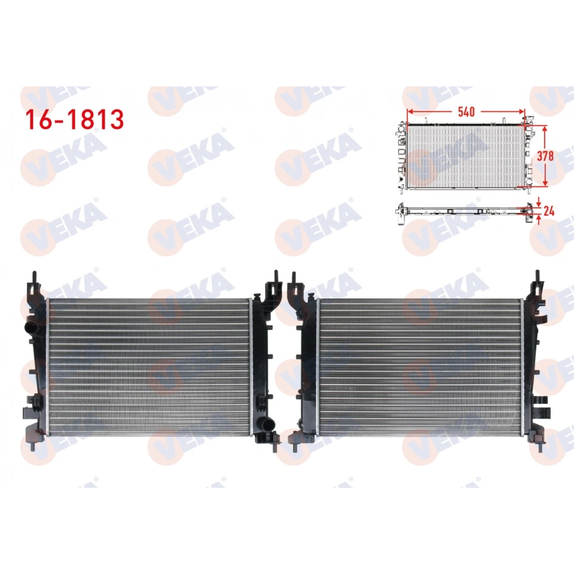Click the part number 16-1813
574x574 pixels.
pos(73,119)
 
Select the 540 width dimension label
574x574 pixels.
pos(466,112)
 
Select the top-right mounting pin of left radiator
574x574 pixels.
pos(275,275)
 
